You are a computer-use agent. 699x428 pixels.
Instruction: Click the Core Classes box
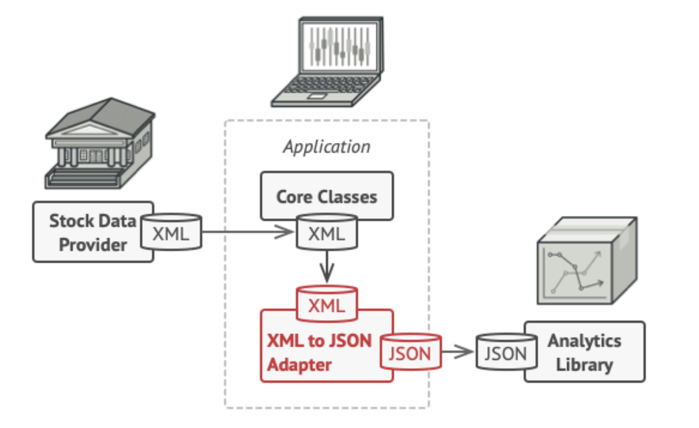click(x=327, y=196)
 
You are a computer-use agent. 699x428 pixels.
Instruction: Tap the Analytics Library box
click(x=585, y=352)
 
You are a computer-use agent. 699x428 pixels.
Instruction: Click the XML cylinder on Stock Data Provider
click(x=171, y=231)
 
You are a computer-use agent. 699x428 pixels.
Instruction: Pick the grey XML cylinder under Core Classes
click(x=327, y=231)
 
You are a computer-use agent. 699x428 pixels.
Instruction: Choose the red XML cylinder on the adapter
click(x=327, y=304)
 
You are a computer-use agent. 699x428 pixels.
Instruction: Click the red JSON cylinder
click(x=410, y=352)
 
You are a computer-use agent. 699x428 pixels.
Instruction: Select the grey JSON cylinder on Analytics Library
click(x=506, y=352)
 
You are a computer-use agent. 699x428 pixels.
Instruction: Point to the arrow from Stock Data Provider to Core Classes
click(x=247, y=232)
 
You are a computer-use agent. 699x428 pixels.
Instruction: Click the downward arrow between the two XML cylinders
click(x=327, y=267)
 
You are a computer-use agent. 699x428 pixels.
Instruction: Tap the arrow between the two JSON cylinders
click(x=457, y=352)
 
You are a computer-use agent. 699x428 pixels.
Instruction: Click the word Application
click(x=327, y=147)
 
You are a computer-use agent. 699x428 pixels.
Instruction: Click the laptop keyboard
click(x=331, y=84)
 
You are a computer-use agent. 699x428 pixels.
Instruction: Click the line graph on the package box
click(x=575, y=272)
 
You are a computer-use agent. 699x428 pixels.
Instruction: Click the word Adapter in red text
click(x=299, y=365)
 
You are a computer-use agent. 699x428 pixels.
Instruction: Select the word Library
click(x=584, y=365)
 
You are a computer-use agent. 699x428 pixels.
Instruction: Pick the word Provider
click(x=93, y=245)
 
